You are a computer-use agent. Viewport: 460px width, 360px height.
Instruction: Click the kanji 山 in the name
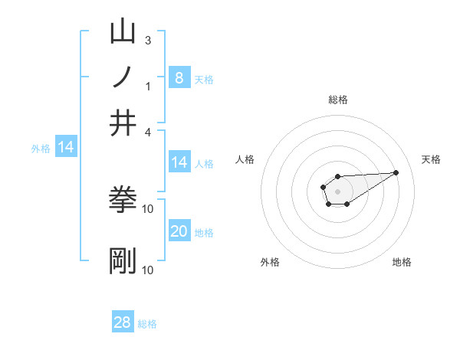point(123,33)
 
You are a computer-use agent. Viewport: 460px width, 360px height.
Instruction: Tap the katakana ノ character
point(123,79)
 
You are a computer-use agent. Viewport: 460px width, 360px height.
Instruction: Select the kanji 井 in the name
point(123,124)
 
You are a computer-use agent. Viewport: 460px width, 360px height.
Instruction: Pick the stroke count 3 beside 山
point(147,40)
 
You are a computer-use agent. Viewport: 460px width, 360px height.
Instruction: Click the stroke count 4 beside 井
point(147,132)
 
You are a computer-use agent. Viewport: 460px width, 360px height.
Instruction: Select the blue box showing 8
point(179,77)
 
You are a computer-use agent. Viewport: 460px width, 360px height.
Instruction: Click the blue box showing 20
point(179,231)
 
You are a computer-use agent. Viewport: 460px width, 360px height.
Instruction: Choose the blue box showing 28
point(123,322)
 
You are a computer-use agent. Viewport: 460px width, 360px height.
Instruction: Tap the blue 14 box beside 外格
point(66,147)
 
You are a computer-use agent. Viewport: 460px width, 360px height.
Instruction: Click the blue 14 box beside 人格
point(179,162)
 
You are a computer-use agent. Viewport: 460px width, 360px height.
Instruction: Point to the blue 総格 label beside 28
point(147,324)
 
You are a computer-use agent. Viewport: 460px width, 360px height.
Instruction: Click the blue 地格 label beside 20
point(204,233)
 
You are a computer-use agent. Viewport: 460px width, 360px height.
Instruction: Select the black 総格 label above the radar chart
point(337,100)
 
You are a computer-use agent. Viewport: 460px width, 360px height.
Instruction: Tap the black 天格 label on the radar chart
point(431,159)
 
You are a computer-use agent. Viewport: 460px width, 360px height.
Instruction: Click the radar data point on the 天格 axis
point(396,172)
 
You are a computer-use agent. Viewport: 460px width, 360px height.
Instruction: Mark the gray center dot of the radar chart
point(337,191)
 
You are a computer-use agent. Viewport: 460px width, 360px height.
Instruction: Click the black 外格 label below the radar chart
point(271,262)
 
